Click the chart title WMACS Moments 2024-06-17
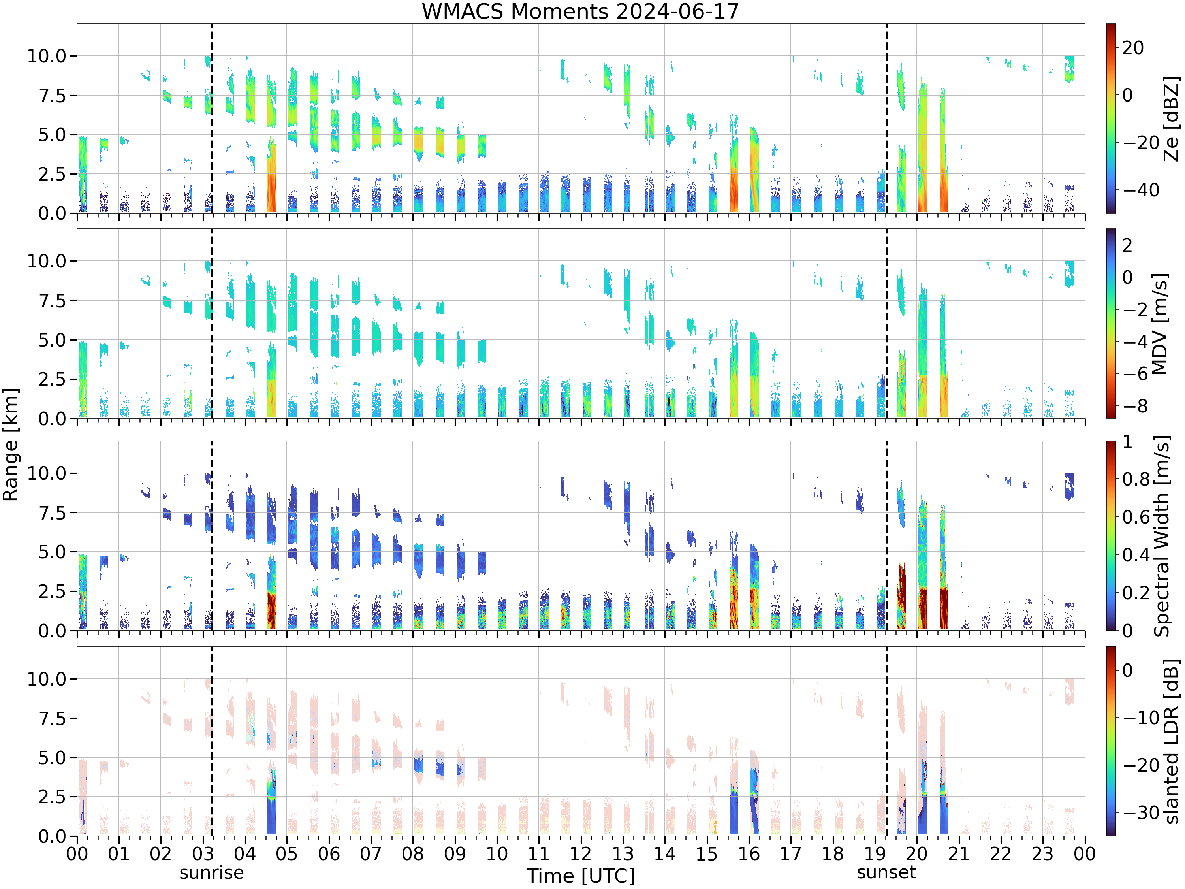tap(580, 11)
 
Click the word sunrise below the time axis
tap(212, 872)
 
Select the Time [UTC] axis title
tap(580, 876)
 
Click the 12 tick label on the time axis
tap(580, 853)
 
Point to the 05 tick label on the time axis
tap(287, 853)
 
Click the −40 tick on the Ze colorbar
tap(1141, 190)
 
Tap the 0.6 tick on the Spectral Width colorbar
tap(1137, 516)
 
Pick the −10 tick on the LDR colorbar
tap(1141, 717)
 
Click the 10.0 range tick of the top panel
tap(47, 56)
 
